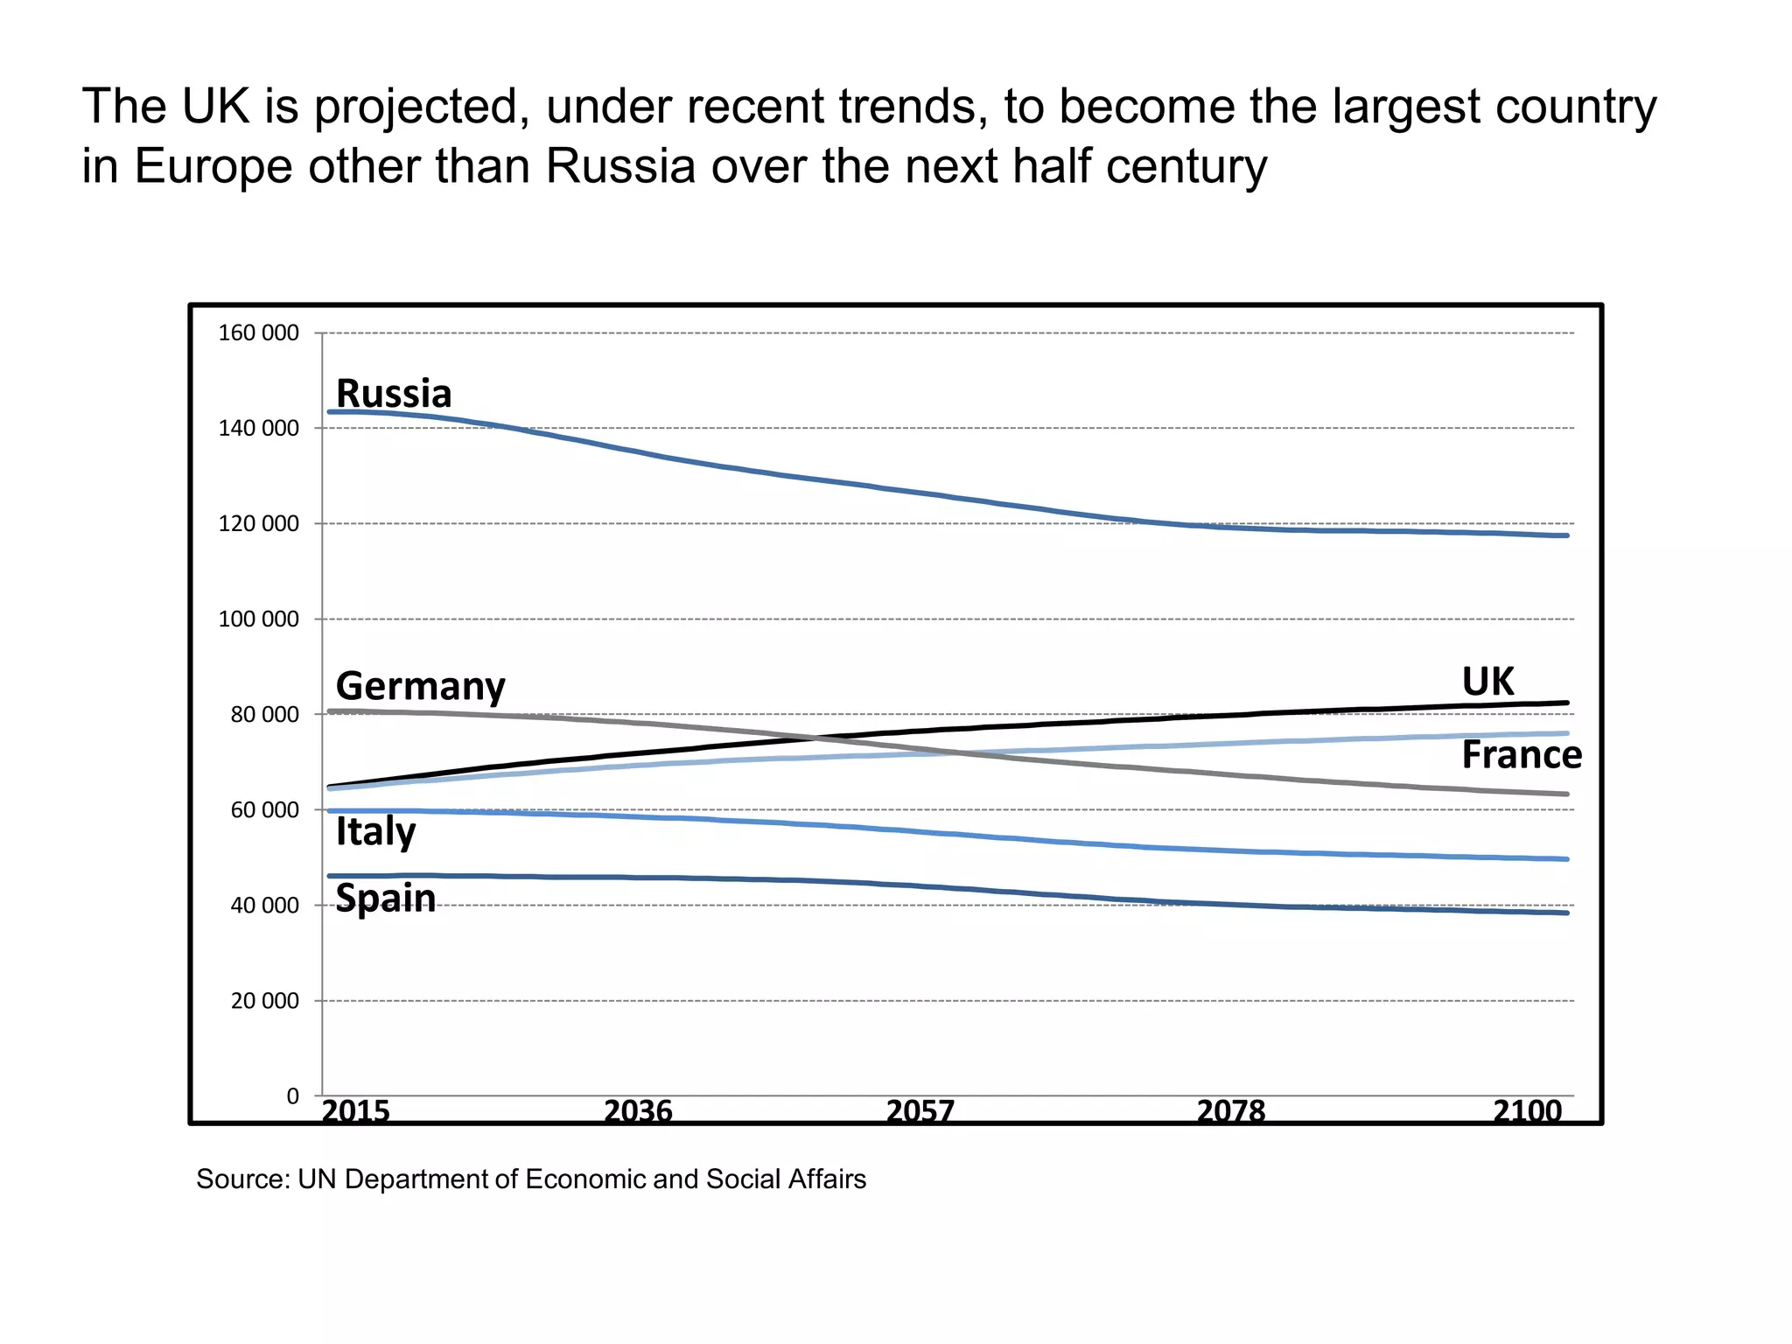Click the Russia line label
pos(394,394)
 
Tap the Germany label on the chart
pos(420,686)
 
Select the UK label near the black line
pos(1487,682)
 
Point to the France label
pos(1522,755)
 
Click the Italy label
pos(375,831)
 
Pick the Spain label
pos(385,899)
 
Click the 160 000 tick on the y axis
pos(258,333)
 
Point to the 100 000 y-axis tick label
pos(258,619)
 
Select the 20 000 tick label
pos(264,1001)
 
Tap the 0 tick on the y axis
pos(292,1095)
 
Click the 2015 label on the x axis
pos(355,1111)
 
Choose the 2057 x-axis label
pos(920,1111)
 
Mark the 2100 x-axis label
pos(1527,1111)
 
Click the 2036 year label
pos(638,1111)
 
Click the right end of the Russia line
pos(1566,535)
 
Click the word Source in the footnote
pos(242,1179)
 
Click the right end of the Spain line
pos(1566,913)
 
